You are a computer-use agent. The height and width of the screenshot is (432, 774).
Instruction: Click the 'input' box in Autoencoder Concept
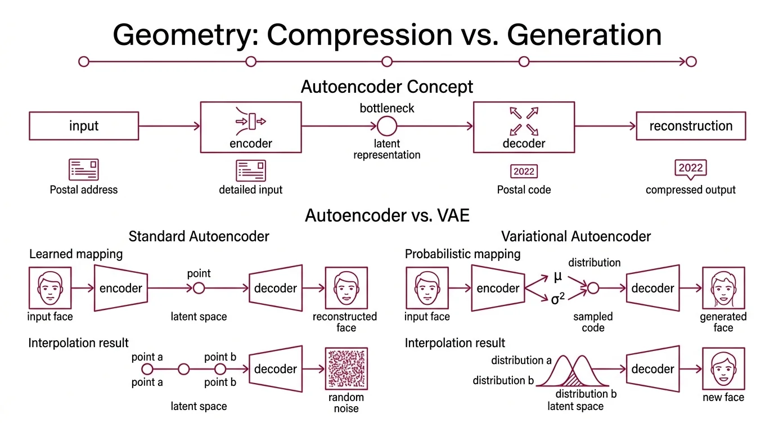tap(84, 126)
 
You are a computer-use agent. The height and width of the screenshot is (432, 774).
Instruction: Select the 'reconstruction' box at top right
tap(691, 126)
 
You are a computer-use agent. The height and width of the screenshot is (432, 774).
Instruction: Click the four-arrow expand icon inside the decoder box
tap(524, 121)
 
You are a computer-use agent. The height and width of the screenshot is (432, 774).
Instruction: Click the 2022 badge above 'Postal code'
tap(524, 171)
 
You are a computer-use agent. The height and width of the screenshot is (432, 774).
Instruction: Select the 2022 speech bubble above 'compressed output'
tap(691, 168)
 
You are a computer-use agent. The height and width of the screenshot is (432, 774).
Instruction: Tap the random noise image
tap(346, 369)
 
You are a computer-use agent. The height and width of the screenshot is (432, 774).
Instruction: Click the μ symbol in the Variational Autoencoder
tap(557, 277)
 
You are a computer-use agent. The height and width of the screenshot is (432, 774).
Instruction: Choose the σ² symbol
tap(557, 299)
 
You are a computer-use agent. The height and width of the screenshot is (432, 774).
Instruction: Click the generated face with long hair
tap(723, 289)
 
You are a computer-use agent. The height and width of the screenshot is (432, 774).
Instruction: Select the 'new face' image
tap(723, 369)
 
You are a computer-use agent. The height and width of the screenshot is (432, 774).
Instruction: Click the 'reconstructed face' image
tap(346, 289)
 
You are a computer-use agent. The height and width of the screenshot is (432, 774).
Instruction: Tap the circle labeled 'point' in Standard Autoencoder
tap(199, 289)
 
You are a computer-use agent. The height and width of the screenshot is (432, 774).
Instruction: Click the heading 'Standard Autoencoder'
tap(199, 236)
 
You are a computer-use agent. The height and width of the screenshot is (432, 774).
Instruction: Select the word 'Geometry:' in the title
tap(185, 35)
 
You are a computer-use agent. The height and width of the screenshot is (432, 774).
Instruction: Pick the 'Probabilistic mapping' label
tap(462, 254)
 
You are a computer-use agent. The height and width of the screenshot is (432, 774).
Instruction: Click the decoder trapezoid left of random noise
tap(275, 369)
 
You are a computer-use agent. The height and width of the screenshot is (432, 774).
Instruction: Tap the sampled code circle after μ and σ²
tap(593, 289)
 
